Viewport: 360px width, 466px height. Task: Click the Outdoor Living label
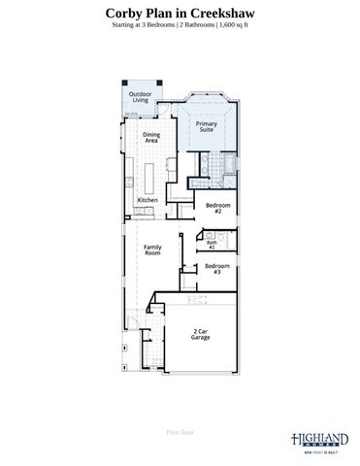pos(142,96)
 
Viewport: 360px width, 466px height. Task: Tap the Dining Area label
pos(151,137)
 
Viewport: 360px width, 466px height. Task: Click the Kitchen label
pos(147,200)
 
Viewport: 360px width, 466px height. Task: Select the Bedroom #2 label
pos(217,207)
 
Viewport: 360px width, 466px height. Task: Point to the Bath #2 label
pos(211,245)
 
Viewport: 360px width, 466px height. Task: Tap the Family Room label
pos(152,250)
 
